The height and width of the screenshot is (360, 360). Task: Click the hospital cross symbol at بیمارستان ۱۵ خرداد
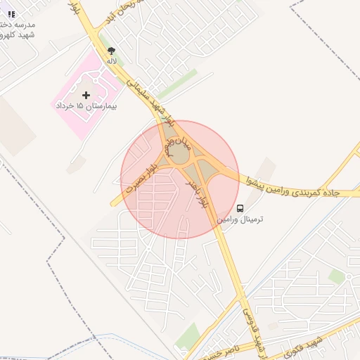point(86,94)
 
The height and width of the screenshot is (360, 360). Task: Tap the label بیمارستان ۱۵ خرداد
point(86,105)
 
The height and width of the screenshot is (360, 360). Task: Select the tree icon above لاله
point(111,50)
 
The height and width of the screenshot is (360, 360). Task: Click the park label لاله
point(111,61)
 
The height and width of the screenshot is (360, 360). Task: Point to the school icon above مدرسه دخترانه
point(11,13)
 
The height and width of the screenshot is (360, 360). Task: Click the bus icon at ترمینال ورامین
point(240,208)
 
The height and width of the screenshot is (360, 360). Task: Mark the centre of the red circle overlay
point(180,179)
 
